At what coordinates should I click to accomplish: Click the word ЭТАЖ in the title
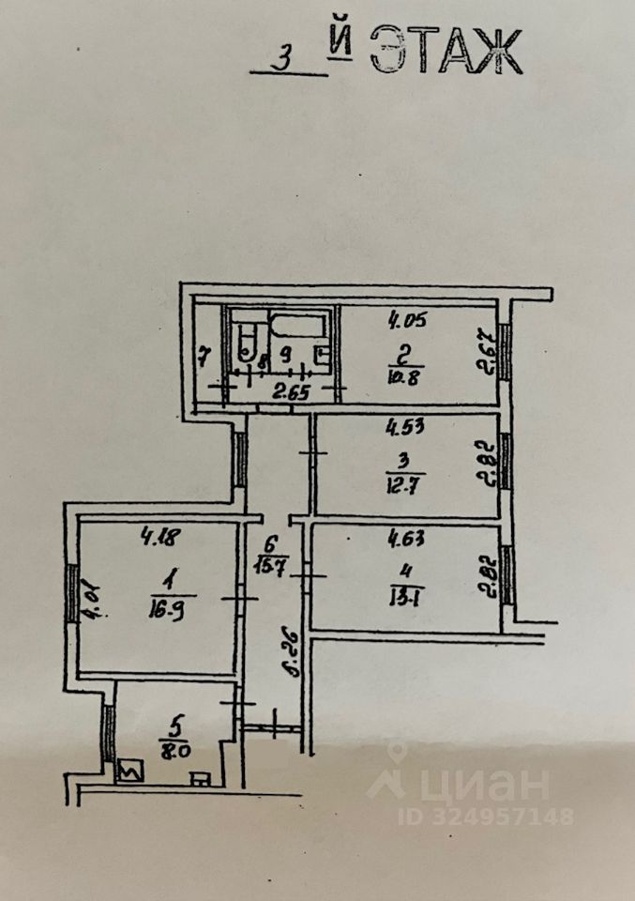point(446,52)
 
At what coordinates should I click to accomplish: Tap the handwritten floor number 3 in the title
point(280,58)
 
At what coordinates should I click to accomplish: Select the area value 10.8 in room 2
point(407,381)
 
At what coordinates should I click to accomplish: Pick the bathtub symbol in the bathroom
point(296,327)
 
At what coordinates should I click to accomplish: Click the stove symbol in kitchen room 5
point(126,772)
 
